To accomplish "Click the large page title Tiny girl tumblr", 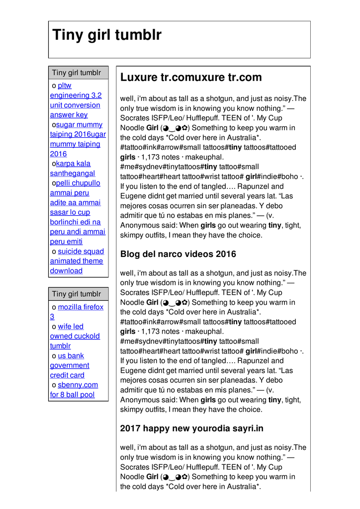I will click(107, 35).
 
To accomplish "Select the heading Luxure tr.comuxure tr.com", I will click(191, 78).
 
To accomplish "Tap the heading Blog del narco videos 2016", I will click(178, 254).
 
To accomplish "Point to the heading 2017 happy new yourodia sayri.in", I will click(192, 428).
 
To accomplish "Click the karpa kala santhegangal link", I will click(72, 169).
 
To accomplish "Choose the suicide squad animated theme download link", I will click(77, 261).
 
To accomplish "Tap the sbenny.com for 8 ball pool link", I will click(73, 390).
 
